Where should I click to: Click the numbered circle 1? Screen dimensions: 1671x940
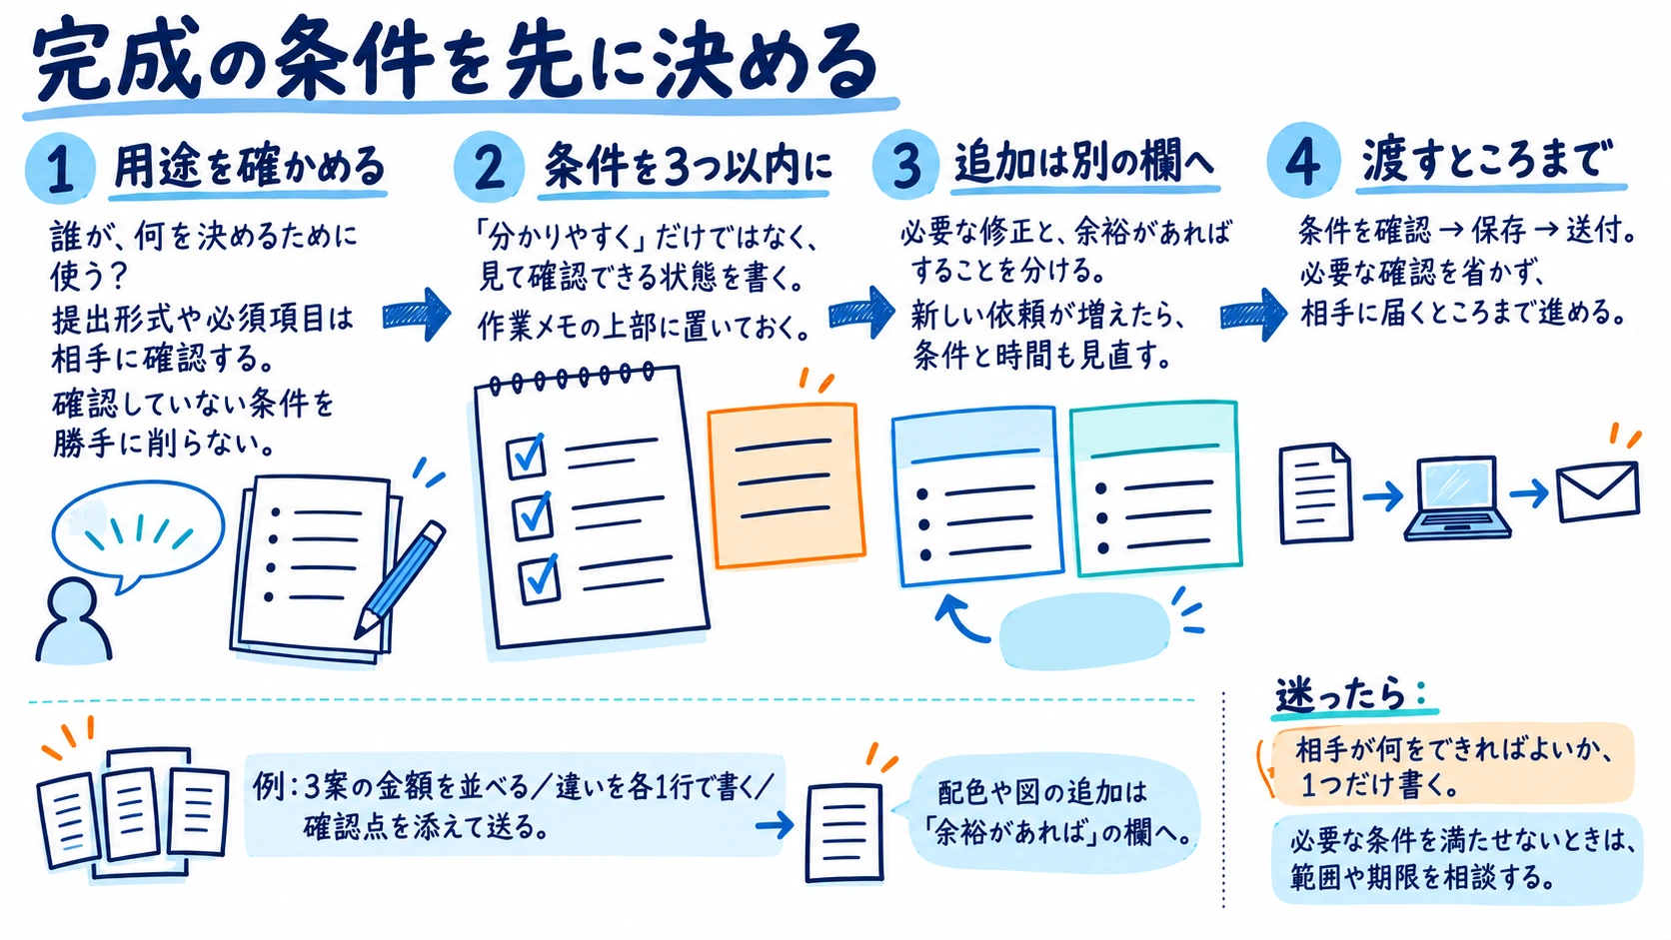pyautogui.click(x=60, y=169)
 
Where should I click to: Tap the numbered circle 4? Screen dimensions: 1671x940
pyautogui.click(x=1302, y=161)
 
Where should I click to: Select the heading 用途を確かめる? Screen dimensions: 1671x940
pyautogui.click(x=250, y=166)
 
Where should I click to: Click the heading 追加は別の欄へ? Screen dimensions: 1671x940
pyautogui.click(x=1084, y=162)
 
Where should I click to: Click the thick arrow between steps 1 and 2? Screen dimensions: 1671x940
pyautogui.click(x=417, y=314)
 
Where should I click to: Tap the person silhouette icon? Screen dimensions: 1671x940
pyautogui.click(x=73, y=622)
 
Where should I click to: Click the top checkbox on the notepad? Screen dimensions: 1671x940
pyautogui.click(x=527, y=456)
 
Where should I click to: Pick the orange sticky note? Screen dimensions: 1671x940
pyautogui.click(x=787, y=485)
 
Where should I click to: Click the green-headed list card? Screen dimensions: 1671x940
pyautogui.click(x=1155, y=488)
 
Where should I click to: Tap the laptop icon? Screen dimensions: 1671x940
pyautogui.click(x=1457, y=497)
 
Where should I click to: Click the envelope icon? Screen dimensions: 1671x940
pyautogui.click(x=1597, y=492)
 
